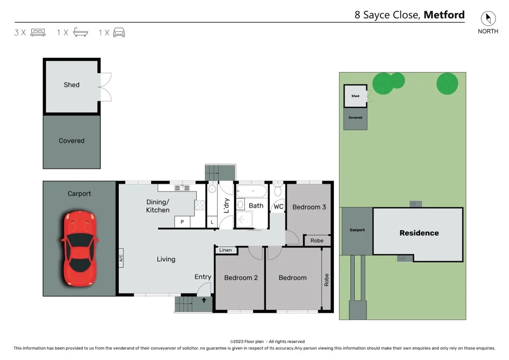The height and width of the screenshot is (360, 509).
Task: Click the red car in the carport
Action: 80,248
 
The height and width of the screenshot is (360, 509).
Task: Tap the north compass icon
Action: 488,19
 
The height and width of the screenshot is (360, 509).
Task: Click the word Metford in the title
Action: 444,15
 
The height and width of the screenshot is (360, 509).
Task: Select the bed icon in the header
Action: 38,33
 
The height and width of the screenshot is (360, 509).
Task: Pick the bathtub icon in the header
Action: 81,33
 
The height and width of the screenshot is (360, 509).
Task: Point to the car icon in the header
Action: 119,33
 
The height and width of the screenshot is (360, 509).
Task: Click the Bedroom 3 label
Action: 309,207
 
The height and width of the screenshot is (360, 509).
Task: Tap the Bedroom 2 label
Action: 241,277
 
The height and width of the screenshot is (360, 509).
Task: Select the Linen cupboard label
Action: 226,250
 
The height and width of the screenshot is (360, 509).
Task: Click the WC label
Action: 278,207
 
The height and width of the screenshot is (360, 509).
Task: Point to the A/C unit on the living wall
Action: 121,258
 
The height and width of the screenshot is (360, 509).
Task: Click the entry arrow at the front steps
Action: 204,300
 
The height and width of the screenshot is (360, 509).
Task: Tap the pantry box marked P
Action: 182,222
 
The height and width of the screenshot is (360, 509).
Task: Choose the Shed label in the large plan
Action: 72,85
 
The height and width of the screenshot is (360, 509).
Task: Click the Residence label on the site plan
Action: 419,233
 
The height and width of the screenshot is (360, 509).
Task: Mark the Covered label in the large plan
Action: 72,141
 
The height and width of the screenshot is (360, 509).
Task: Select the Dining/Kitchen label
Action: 158,206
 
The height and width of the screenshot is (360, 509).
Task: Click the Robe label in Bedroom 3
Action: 317,241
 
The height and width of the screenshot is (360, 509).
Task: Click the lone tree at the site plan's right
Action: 447,83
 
